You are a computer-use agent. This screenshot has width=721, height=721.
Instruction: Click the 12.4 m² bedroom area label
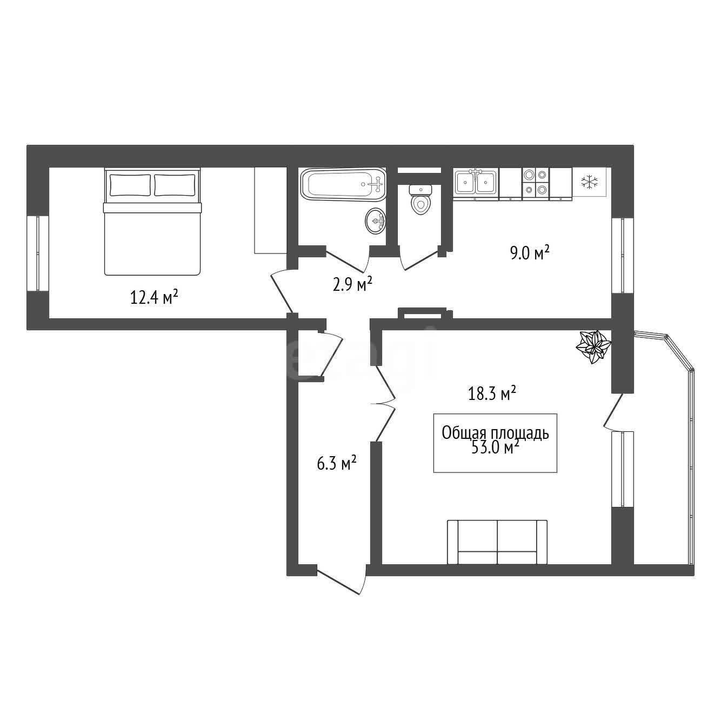coord(153,298)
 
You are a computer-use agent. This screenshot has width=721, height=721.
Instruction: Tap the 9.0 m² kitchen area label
coord(530,253)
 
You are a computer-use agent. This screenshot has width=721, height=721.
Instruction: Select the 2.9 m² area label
coord(352,284)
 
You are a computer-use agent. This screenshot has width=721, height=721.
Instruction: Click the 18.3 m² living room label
coord(492,393)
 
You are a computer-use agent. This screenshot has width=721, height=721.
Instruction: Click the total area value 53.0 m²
coord(495,447)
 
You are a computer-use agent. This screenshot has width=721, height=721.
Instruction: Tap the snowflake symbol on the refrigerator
coord(590,182)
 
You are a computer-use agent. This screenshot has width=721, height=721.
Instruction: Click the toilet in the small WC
coord(420,199)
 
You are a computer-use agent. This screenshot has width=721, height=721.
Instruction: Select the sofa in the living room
coord(497,542)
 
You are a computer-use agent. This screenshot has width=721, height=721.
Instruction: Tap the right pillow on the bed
coord(175,185)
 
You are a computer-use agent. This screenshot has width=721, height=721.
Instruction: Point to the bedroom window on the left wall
coord(38,253)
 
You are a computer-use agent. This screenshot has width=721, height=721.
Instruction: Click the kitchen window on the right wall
coord(622,255)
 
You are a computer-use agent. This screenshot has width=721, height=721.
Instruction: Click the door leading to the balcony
coord(613,411)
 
